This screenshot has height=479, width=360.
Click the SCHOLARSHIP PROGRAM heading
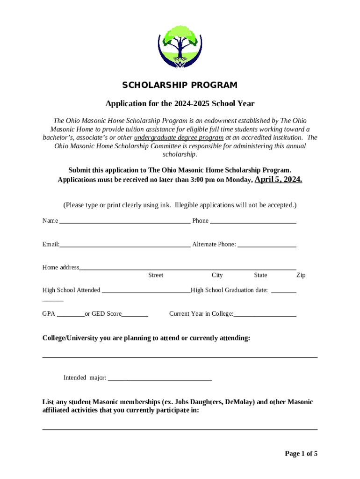[x=180, y=85]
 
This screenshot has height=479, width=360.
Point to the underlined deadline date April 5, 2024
[x=278, y=179]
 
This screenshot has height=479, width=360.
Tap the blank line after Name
[x=125, y=221]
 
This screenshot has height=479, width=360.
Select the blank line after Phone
[x=253, y=221]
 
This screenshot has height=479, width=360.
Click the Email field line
[x=125, y=245]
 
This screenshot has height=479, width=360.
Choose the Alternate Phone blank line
[x=266, y=245]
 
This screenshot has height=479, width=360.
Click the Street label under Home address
[x=156, y=276]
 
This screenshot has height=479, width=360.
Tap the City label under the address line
[x=217, y=276]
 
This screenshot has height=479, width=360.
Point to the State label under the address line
[x=260, y=276]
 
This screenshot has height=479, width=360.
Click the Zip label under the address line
[x=301, y=276]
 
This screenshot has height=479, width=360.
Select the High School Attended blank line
[x=146, y=291]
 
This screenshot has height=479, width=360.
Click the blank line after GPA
[x=71, y=315]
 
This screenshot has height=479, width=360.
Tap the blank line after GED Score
[x=135, y=315]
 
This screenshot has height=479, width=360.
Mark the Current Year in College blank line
[x=265, y=315]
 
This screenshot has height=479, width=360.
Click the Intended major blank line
[x=159, y=378]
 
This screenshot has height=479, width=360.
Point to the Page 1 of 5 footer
[x=301, y=453]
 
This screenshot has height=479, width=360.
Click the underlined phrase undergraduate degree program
[x=179, y=138]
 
